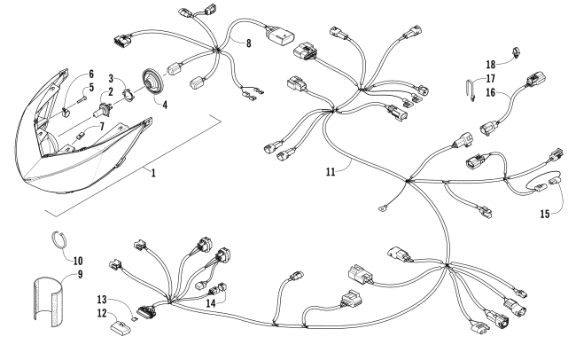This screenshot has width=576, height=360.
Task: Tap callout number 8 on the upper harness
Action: (249, 42)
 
